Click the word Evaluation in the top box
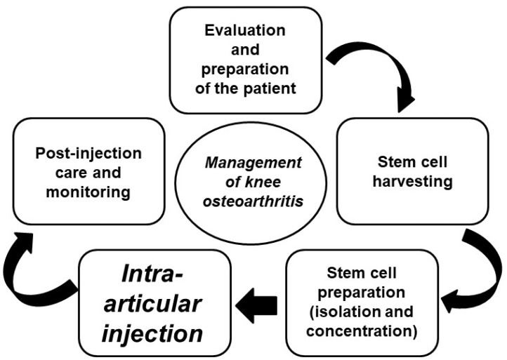tap(245, 32)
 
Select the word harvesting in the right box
tap(411, 182)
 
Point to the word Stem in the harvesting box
tap(389, 164)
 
